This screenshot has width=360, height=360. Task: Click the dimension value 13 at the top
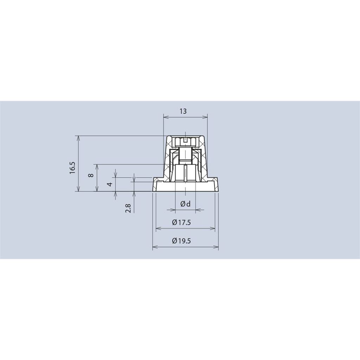(183, 111)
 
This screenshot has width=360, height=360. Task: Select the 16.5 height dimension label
(72, 168)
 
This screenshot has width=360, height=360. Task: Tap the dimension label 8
(91, 175)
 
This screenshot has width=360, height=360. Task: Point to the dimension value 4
(111, 184)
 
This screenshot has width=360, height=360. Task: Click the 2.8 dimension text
(128, 208)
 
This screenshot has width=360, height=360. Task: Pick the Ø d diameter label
(186, 204)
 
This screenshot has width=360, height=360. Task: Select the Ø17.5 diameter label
(181, 222)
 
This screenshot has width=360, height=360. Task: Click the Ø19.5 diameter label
(181, 241)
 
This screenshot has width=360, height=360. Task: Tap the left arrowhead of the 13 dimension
(165, 117)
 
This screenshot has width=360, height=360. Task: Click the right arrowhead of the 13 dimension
(205, 117)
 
